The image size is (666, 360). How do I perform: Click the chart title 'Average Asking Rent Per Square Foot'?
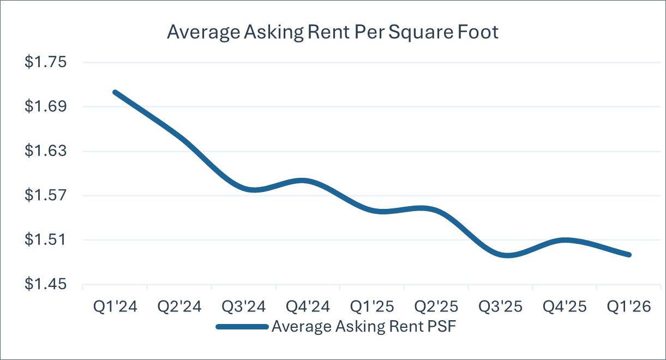click(333, 32)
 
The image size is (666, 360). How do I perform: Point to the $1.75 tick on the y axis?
click(45, 62)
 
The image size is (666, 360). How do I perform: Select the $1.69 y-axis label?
click(45, 106)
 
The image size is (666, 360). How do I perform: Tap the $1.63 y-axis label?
click(45, 151)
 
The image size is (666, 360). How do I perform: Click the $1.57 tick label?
click(45, 195)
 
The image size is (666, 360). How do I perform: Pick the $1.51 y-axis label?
click(45, 239)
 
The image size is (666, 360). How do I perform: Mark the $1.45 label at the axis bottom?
click(45, 284)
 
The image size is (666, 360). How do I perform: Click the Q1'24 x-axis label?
click(115, 307)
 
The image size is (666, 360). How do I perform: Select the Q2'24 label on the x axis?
click(179, 307)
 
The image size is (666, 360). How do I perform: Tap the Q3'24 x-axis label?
click(243, 307)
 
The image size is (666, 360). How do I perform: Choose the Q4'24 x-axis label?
click(308, 307)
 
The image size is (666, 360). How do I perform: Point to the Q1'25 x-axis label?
click(372, 307)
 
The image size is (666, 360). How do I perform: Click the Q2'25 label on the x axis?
click(436, 307)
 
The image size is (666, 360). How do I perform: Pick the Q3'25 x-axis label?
click(500, 307)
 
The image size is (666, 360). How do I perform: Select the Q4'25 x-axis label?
click(565, 307)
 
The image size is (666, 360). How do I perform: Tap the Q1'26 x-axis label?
click(629, 307)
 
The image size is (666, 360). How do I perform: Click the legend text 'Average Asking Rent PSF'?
click(364, 327)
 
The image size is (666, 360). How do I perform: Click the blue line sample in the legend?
click(242, 327)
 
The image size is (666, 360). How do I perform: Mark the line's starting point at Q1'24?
click(115, 92)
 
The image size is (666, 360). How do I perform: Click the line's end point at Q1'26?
click(629, 255)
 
